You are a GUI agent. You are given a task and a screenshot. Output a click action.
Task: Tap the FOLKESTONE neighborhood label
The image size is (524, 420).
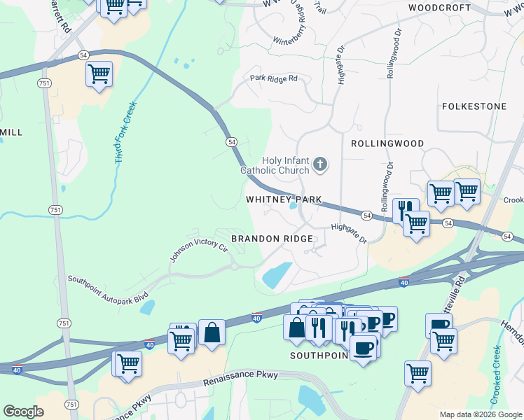click(x=474, y=106)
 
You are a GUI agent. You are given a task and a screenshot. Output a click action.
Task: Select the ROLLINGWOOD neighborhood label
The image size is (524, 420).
click(x=387, y=143)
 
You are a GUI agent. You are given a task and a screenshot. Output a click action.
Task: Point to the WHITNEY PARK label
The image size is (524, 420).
click(x=284, y=199)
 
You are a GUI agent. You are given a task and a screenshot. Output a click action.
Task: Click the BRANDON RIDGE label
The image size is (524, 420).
click(x=272, y=239)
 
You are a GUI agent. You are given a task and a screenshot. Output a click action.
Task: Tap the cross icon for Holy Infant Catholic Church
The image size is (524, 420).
click(x=320, y=165)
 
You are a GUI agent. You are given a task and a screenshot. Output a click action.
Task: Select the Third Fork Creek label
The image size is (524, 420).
click(x=125, y=134)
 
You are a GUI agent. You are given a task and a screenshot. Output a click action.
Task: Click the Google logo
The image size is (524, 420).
click(x=23, y=411)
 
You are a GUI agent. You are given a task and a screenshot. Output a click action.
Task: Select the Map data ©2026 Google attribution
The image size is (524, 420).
click(x=480, y=414)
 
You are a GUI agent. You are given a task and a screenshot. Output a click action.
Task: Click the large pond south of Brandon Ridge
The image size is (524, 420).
click(x=277, y=275)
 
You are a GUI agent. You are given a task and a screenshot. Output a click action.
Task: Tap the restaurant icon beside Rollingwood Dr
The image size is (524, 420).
click(x=405, y=209)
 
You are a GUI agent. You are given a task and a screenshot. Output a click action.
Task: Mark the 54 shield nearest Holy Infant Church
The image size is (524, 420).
click(x=231, y=141)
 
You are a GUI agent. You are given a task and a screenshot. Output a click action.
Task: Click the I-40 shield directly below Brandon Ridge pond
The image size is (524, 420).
click(x=257, y=318)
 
